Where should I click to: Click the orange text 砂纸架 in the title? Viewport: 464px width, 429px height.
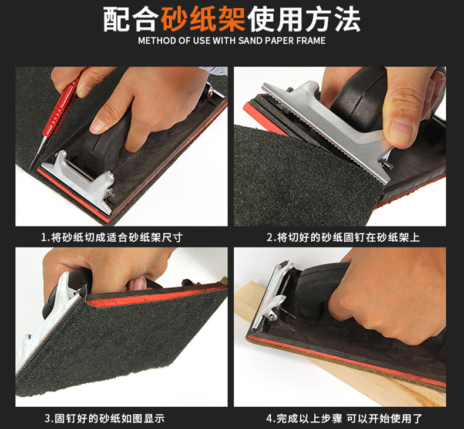click(203, 19)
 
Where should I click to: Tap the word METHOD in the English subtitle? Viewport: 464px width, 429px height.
click(157, 40)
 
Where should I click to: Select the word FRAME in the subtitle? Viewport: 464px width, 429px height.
click(311, 40)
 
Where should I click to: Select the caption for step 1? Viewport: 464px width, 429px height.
click(112, 238)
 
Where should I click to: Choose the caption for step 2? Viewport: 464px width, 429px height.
click(343, 238)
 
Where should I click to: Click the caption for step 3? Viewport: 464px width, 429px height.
click(104, 418)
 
